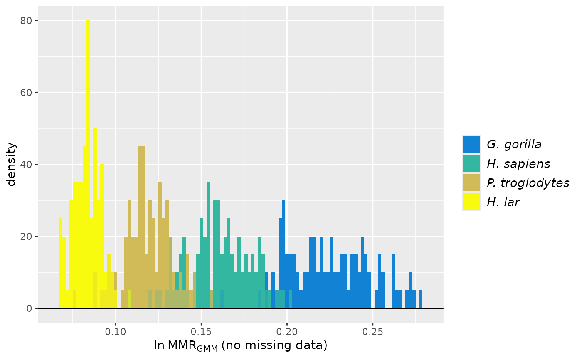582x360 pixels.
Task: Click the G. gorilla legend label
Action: [514, 145]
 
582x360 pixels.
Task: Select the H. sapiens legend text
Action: [518, 164]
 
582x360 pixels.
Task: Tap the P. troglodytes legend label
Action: [528, 183]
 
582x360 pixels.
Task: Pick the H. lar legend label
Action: [503, 202]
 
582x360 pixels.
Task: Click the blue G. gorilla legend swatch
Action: [471, 145]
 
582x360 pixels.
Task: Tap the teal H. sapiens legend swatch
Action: [471, 164]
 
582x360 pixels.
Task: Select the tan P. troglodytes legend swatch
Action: [471, 183]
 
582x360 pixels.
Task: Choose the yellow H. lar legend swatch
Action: [471, 202]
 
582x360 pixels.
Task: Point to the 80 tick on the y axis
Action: [27, 20]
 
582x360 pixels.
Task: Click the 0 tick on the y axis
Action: [29, 308]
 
